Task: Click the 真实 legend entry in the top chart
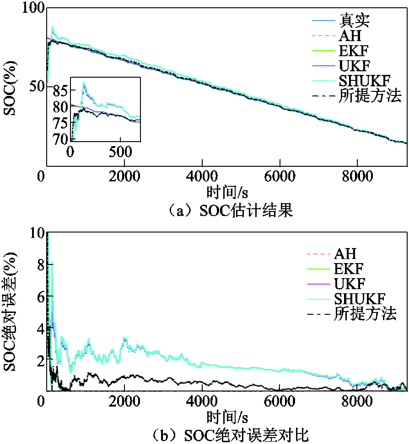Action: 355,20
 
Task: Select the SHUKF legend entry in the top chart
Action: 365,80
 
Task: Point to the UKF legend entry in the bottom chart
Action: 350,284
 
